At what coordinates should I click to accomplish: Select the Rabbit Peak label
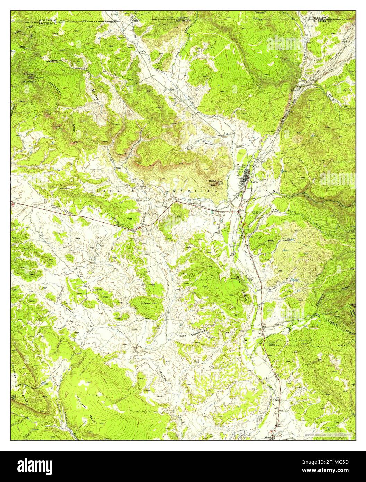coord(212,182)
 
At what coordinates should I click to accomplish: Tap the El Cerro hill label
coord(145,304)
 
